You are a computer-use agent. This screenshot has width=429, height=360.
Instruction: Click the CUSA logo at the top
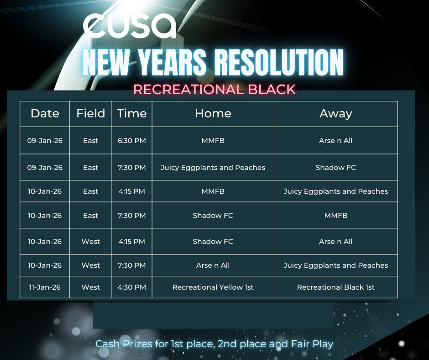coord(130,26)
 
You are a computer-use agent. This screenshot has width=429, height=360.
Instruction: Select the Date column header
coord(45,113)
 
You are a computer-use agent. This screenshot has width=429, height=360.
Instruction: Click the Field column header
coord(90,113)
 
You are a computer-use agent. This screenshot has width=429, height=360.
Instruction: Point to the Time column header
coord(132,113)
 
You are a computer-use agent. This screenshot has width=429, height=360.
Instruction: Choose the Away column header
coord(336,114)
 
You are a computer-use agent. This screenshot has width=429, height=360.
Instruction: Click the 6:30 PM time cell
coord(132,141)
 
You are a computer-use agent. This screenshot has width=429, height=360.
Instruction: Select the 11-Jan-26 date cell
coord(45,287)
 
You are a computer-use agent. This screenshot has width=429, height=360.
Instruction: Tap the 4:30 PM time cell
coord(132,287)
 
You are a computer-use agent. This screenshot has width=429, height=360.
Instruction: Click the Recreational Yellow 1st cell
coord(213,287)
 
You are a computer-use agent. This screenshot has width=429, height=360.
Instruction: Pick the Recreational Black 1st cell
coord(336,287)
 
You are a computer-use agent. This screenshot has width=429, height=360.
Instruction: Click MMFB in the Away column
coord(336,215)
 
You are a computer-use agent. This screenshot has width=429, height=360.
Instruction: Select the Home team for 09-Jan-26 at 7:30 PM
coord(213,167)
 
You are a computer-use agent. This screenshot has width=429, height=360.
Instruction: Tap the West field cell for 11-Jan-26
coord(90,287)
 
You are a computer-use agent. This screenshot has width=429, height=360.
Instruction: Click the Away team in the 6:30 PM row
coord(336,141)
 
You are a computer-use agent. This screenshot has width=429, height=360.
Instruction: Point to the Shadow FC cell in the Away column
coord(336,167)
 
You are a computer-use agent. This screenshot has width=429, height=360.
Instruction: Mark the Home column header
coord(213,113)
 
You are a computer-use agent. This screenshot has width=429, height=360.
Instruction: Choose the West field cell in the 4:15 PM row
coord(90,241)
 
